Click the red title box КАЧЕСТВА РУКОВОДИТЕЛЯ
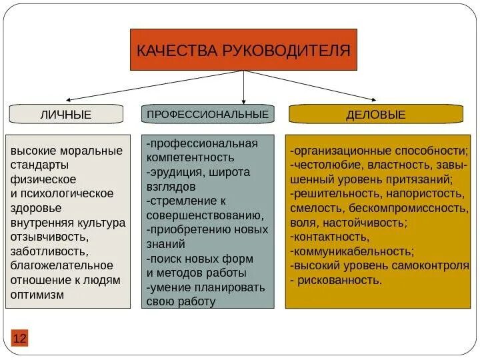click(243, 50)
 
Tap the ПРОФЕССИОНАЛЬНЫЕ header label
click(207, 114)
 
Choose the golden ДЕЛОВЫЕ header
click(375, 115)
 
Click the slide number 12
click(19, 339)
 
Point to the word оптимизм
click(37, 294)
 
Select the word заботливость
click(49, 251)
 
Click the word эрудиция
click(174, 172)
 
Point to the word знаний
click(163, 243)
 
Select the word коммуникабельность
click(353, 251)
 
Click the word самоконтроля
click(437, 265)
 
